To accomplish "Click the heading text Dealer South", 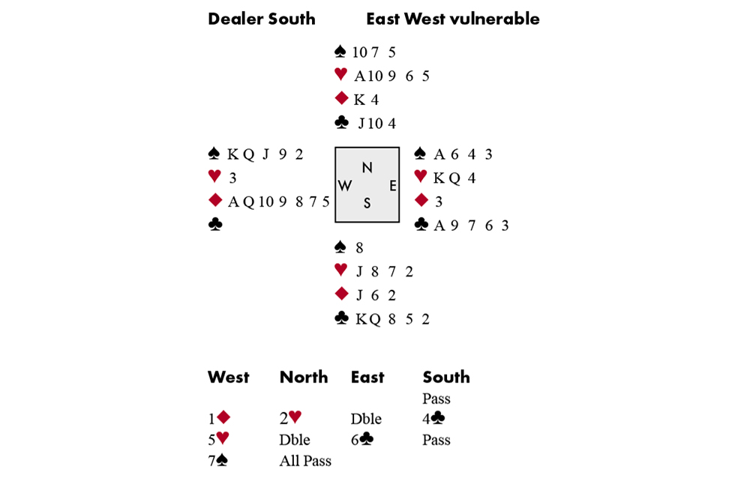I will (x=261, y=19).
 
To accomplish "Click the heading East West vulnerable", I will (x=452, y=19).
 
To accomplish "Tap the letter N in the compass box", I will (x=367, y=167).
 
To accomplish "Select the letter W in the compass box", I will (x=345, y=186).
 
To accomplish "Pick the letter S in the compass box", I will (x=367, y=203).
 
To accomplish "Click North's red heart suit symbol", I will (x=340, y=75).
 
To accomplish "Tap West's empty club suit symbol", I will (x=214, y=224).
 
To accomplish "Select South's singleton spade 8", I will (x=359, y=248).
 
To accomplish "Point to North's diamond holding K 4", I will (x=366, y=100).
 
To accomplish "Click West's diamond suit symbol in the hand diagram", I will (x=214, y=201).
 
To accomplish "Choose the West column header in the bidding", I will (x=228, y=377).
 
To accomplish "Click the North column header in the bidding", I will (x=303, y=377).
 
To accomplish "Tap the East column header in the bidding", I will (x=367, y=377).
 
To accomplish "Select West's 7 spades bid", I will (x=217, y=461).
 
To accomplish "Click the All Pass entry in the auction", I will (x=305, y=461).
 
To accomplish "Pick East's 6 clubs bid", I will (x=361, y=440).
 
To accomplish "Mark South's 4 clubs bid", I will (x=433, y=419).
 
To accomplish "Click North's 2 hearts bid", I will (x=290, y=419).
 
